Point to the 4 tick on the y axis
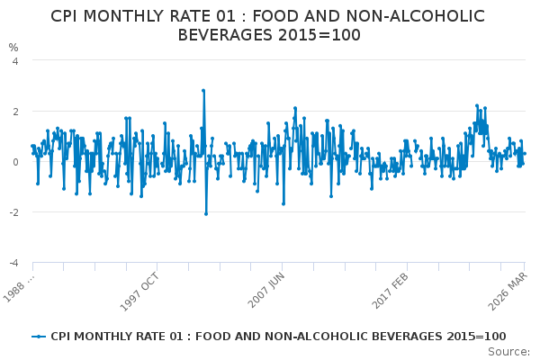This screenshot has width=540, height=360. tap(14, 61)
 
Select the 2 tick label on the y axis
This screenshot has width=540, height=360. tap(14, 112)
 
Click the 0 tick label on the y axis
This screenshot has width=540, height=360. tap(14, 162)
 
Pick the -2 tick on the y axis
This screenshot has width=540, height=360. tap(13, 212)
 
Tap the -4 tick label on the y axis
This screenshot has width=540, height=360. tap(13, 263)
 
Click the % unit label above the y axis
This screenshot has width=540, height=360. tap(13, 47)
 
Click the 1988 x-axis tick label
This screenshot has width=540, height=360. tap(20, 286)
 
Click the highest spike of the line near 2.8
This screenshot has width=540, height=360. tap(203, 91)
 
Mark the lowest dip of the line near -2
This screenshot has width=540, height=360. tap(205, 213)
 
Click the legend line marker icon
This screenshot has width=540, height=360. tap(38, 336)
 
